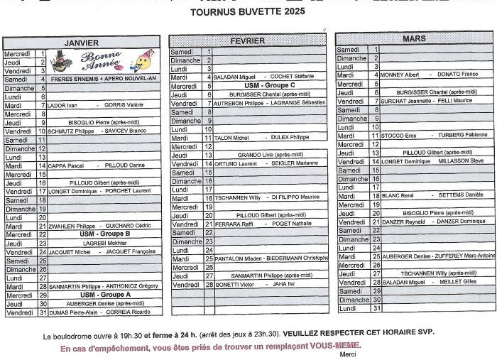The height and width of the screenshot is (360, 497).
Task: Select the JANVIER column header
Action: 81,43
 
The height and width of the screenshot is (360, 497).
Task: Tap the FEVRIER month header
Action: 248,40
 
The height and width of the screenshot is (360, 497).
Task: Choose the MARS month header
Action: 414,38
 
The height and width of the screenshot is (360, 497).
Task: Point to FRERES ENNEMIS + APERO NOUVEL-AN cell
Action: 104,79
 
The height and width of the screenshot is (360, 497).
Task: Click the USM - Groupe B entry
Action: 104,234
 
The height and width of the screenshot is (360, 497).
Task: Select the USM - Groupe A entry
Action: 104,295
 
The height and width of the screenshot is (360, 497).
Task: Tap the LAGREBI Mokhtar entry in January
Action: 104,243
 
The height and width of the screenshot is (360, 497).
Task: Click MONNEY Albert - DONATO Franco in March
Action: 429,75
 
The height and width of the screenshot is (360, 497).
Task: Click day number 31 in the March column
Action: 377,308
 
